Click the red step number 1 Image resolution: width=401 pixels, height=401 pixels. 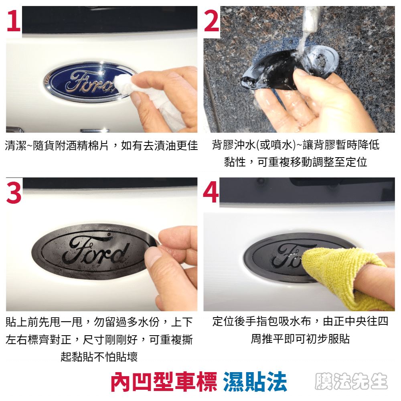[x=14, y=21]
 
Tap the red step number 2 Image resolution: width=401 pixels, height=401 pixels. [x=211, y=21]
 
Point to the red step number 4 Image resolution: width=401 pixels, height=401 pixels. [x=211, y=192]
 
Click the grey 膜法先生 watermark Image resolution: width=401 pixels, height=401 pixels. [x=351, y=381]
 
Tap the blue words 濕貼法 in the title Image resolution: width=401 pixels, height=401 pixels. [x=255, y=382]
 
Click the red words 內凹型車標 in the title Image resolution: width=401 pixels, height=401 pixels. [x=164, y=382]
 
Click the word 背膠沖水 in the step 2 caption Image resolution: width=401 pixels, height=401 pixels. [x=234, y=145]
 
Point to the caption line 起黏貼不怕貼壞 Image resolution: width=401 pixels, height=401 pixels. [x=99, y=356]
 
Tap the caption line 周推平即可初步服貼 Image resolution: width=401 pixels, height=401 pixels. [x=300, y=339]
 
